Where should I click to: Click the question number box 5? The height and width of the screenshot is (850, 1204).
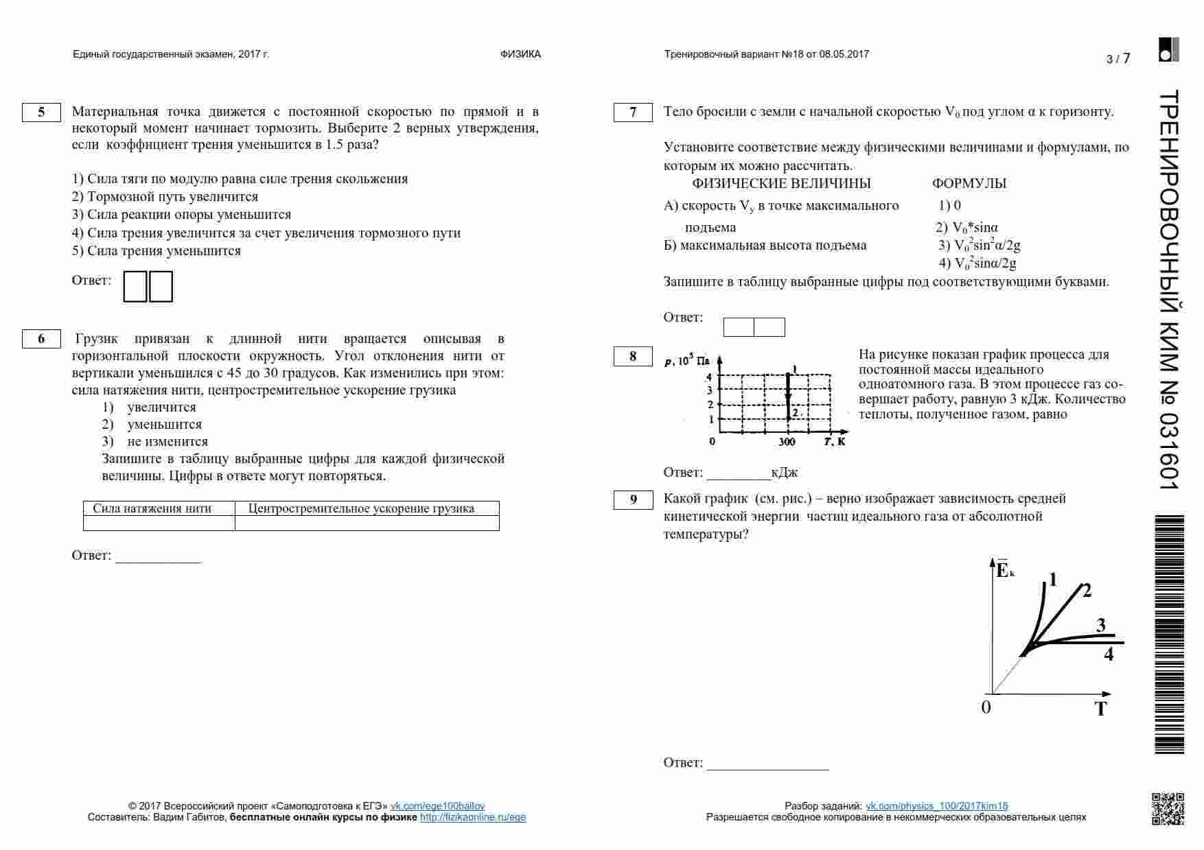(41, 112)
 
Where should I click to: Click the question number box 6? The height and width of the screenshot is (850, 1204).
(41, 339)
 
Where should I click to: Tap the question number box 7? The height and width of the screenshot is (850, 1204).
(633, 112)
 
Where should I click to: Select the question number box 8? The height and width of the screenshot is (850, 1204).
(633, 356)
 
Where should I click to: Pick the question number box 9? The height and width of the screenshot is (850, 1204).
(633, 499)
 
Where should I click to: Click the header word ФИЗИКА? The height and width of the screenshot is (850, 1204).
(520, 54)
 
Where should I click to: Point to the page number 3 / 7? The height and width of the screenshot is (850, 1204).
(1118, 59)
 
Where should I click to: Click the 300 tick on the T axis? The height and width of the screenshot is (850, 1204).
(787, 442)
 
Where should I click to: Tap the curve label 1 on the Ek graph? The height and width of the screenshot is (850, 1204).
(1053, 580)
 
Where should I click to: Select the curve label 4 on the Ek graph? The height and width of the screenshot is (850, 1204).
(1109, 654)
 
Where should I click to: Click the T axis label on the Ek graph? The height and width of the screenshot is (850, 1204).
(1101, 709)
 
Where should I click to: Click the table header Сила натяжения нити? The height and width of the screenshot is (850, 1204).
(152, 508)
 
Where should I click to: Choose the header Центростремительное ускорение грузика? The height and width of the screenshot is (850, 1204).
(361, 508)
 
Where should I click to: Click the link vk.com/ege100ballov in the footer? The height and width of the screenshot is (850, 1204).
(437, 806)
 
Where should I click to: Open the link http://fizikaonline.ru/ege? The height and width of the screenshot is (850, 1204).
(473, 817)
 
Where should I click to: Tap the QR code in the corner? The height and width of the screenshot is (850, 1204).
(1167, 809)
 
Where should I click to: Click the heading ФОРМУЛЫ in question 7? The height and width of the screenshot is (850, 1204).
(969, 184)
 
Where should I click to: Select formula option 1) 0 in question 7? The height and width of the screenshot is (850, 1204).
(950, 205)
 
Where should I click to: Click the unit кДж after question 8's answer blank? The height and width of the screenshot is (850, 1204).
(784, 473)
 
